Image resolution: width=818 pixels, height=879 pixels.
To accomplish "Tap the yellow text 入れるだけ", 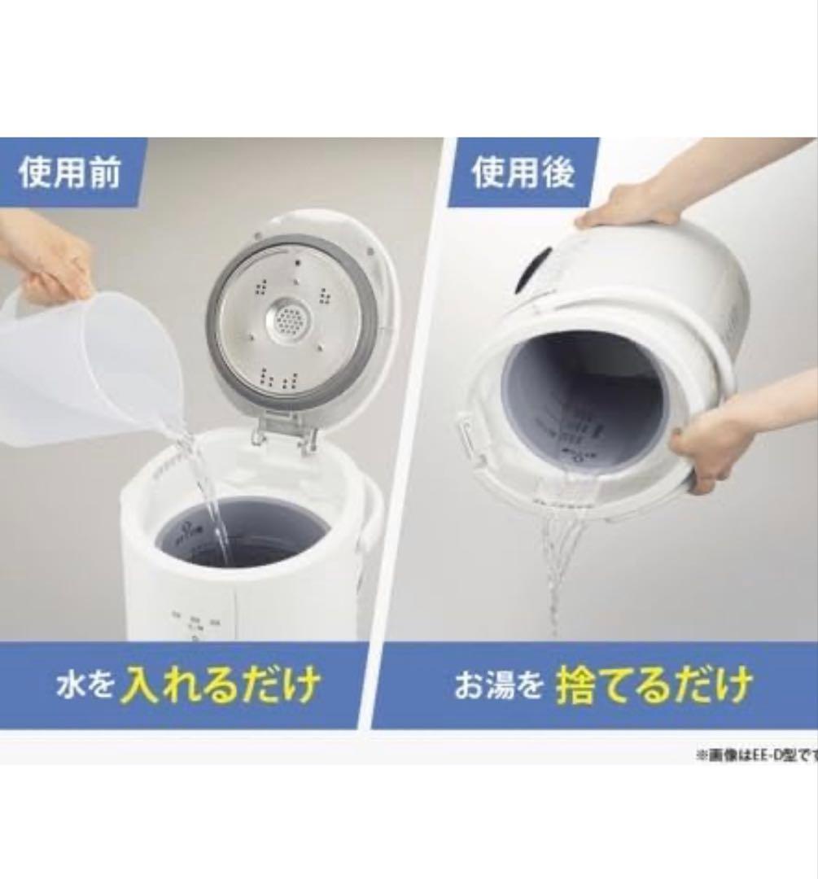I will click(221, 686).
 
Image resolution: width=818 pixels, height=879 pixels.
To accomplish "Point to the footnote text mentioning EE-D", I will click(755, 754).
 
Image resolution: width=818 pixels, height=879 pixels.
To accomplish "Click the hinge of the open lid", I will click(282, 431).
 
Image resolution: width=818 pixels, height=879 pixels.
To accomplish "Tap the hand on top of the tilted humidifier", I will click(631, 203).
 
